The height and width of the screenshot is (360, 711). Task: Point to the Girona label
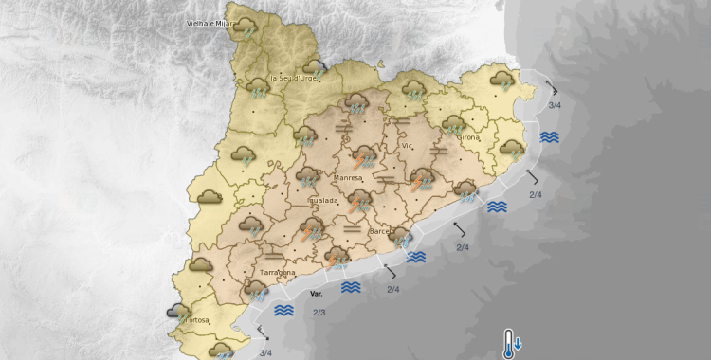click(x=468, y=137)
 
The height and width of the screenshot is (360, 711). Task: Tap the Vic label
click(x=408, y=146)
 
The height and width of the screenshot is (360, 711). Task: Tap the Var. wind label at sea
click(x=317, y=295)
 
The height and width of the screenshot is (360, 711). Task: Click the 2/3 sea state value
click(x=319, y=313)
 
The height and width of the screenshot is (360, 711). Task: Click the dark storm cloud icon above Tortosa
click(x=177, y=310)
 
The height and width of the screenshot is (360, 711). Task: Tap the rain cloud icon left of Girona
click(x=453, y=124)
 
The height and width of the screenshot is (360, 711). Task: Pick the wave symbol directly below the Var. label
click(x=283, y=310)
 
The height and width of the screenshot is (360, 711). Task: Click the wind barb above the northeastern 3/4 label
click(x=553, y=88)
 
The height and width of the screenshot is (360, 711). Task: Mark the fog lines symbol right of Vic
click(x=438, y=150)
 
